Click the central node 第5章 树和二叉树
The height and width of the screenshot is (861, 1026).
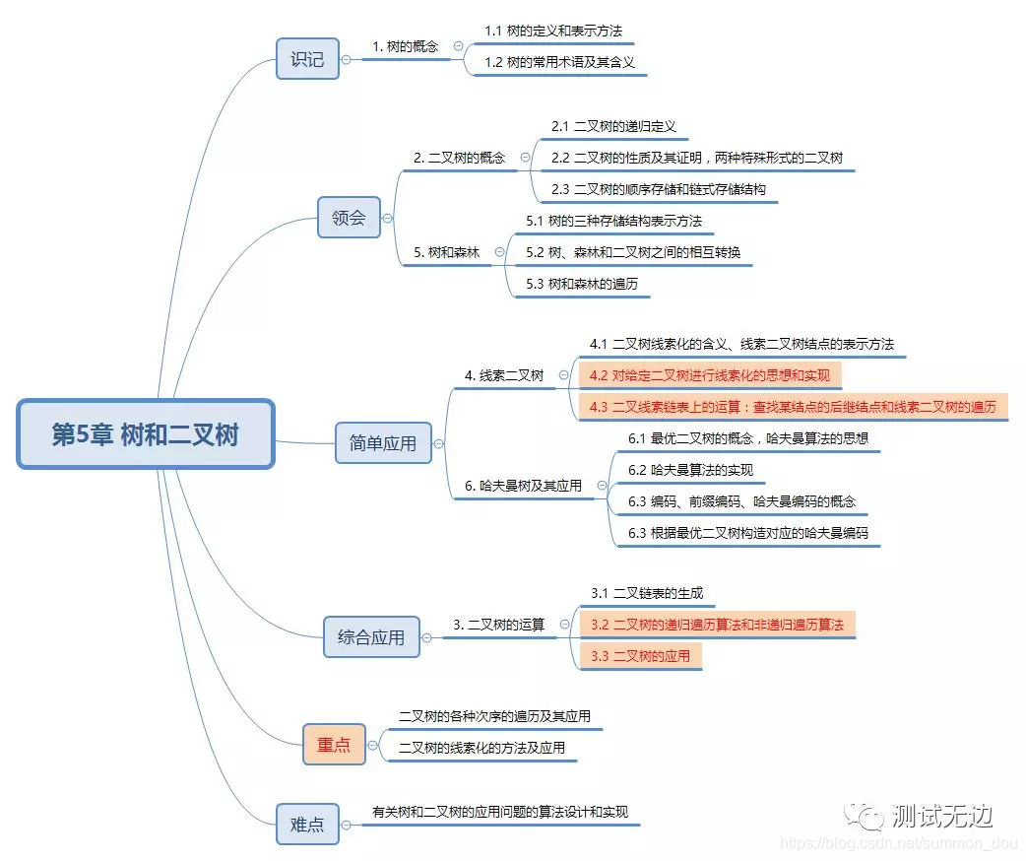[x=145, y=434]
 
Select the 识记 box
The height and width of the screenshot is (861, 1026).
[x=307, y=58]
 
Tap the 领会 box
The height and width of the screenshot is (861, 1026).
[x=349, y=218]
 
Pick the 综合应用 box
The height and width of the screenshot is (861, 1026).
[x=371, y=637]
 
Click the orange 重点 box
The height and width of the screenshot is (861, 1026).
[x=334, y=745]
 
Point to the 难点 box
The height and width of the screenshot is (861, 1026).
[x=307, y=825]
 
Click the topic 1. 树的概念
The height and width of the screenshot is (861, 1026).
[x=406, y=46]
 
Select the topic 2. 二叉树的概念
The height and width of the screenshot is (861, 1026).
[x=459, y=158]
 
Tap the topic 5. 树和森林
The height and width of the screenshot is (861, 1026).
[x=446, y=252]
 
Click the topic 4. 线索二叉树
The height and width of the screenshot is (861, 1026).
[x=503, y=375]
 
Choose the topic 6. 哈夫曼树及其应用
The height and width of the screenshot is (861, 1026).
[x=523, y=486]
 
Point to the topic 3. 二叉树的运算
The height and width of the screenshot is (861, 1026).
[x=498, y=624]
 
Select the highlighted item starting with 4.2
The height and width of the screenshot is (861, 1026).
[x=710, y=375]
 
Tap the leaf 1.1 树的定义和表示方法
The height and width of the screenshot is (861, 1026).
[x=552, y=32]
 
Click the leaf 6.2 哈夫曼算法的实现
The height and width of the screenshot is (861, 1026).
[x=690, y=470]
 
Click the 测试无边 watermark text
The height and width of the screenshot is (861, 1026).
[x=940, y=817]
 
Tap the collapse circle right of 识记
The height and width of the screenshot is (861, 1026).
[x=346, y=59]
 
